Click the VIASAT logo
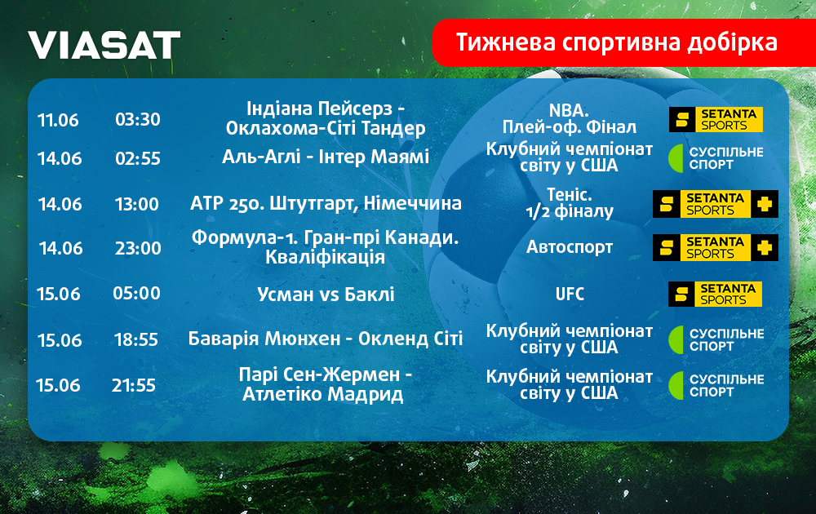(x=104, y=45)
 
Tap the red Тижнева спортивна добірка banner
(x=624, y=42)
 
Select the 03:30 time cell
(x=138, y=119)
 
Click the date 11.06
(x=58, y=120)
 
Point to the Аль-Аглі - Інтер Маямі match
(x=326, y=157)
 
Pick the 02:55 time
(x=138, y=158)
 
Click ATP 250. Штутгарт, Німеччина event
(x=326, y=203)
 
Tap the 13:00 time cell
(x=137, y=204)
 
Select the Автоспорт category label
(x=570, y=246)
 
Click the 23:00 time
(x=138, y=248)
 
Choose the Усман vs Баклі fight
(x=326, y=295)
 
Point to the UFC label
(x=570, y=294)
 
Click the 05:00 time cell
(x=137, y=294)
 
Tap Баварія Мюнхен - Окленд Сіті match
(x=326, y=339)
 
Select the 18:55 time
(x=136, y=339)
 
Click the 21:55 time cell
(x=134, y=385)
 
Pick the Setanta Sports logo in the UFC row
(x=715, y=294)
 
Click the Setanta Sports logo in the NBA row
(x=716, y=120)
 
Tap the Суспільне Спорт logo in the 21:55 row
(x=716, y=385)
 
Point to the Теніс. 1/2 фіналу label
(x=570, y=203)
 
